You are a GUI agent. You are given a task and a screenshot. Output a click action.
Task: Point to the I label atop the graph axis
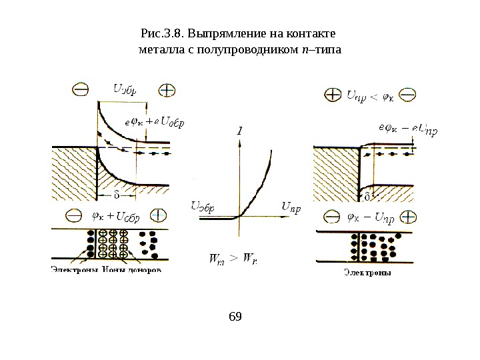coord(239,131)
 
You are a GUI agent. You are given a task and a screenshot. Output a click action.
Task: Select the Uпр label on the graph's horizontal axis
coord(291,207)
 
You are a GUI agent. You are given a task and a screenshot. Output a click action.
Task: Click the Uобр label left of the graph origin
coord(203,207)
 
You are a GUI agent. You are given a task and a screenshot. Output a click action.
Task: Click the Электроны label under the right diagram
coord(367,271)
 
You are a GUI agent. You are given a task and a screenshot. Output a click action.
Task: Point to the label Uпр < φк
coord(371,96)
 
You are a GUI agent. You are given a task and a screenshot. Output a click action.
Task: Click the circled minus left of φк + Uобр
coord(73,216)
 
